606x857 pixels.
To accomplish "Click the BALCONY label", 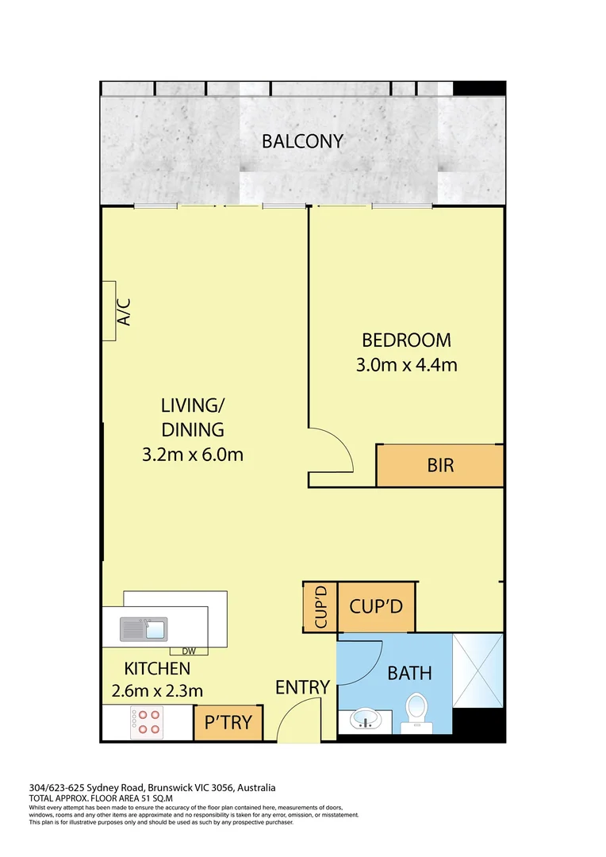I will [302, 141].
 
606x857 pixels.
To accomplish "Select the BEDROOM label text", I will [406, 340].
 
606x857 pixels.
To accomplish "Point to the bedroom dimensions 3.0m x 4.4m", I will [406, 366].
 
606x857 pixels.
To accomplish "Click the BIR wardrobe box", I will [440, 465].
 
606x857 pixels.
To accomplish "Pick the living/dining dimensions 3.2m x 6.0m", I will [192, 455].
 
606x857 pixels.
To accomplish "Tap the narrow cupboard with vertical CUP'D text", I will [320, 607].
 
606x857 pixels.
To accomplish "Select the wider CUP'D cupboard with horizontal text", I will [377, 607].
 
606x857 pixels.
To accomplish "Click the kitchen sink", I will [144, 629].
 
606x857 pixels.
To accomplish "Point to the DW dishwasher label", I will [189, 651].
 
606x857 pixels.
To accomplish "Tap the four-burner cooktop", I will [148, 721].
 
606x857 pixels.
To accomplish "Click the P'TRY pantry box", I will [228, 723].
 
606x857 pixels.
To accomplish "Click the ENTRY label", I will [302, 687].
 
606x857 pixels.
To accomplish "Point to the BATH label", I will [409, 674].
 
